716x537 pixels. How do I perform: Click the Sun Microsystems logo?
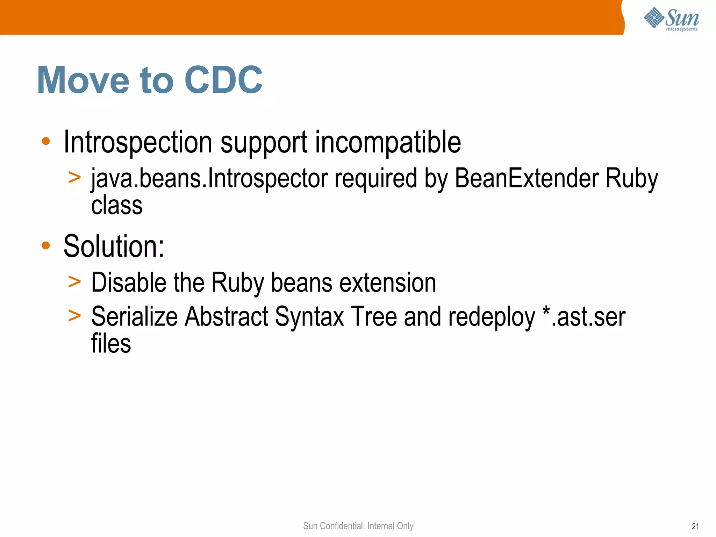tap(671, 19)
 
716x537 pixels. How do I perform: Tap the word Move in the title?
tap(83, 80)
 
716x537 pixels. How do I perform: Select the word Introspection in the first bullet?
tap(138, 142)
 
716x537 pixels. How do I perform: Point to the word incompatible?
tap(388, 142)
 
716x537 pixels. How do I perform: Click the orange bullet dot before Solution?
tap(46, 245)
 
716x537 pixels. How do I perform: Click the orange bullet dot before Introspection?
tap(46, 141)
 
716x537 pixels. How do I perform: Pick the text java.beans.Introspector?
tap(209, 179)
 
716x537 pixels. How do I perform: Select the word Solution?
tap(114, 246)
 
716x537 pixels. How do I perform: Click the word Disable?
tap(129, 282)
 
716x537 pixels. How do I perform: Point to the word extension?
tap(388, 282)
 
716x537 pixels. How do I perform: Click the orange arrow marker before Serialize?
tap(74, 315)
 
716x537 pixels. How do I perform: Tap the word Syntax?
tap(309, 317)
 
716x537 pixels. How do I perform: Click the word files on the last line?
tap(111, 343)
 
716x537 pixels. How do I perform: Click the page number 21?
tap(695, 527)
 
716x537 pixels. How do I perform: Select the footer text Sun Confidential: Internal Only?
tap(358, 526)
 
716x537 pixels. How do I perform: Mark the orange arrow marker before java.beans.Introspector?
tap(74, 177)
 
